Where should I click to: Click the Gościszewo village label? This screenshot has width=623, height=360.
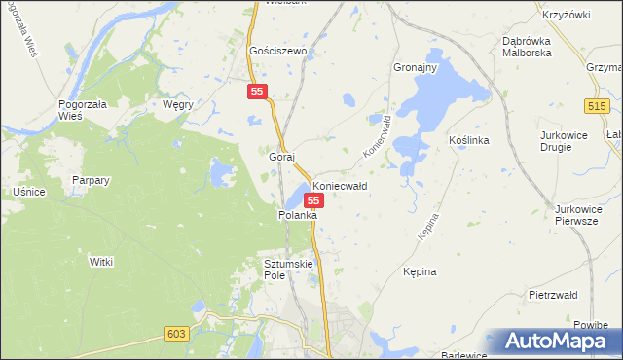[278, 51]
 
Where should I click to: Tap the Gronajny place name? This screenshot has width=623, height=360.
[414, 68]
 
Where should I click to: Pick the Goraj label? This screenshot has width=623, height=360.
[281, 156]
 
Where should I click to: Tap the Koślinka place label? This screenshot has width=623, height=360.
[468, 140]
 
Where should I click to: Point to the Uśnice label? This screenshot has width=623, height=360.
[29, 192]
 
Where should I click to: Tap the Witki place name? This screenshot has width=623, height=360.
[102, 262]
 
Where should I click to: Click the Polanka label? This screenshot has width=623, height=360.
[298, 215]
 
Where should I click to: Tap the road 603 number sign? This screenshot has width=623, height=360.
[175, 334]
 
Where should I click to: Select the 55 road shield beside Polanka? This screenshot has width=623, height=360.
[313, 199]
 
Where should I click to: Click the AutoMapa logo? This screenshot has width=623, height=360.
[555, 342]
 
